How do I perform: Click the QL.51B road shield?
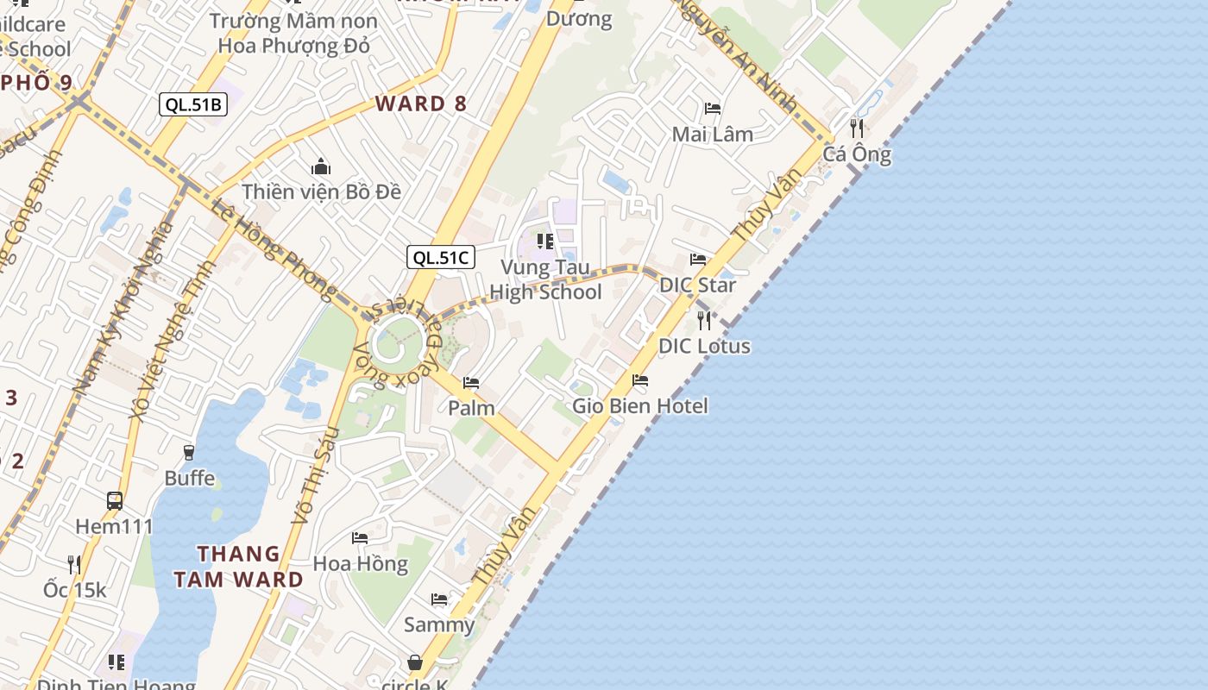pos(193,105)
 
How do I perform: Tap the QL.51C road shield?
pos(441,256)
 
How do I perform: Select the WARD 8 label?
pos(421,104)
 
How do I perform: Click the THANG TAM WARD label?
pos(238,567)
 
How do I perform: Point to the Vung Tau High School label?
pos(545,279)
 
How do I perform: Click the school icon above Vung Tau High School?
pos(545,241)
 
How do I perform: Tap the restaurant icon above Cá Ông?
pos(857,129)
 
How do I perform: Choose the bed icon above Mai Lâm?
pos(713,109)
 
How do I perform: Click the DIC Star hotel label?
pos(697,285)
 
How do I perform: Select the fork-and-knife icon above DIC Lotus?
pos(704,321)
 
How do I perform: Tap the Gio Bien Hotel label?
pos(640,405)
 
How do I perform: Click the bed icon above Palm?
pos(471,382)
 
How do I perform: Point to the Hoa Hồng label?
pos(360,563)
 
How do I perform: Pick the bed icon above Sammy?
pos(439,599)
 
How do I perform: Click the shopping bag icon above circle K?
pos(415,662)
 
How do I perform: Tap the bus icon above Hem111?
pos(114,500)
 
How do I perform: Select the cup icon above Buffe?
pos(189,452)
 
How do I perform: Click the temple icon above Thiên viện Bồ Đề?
pos(321,166)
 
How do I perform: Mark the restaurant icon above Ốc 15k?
pos(74,564)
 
